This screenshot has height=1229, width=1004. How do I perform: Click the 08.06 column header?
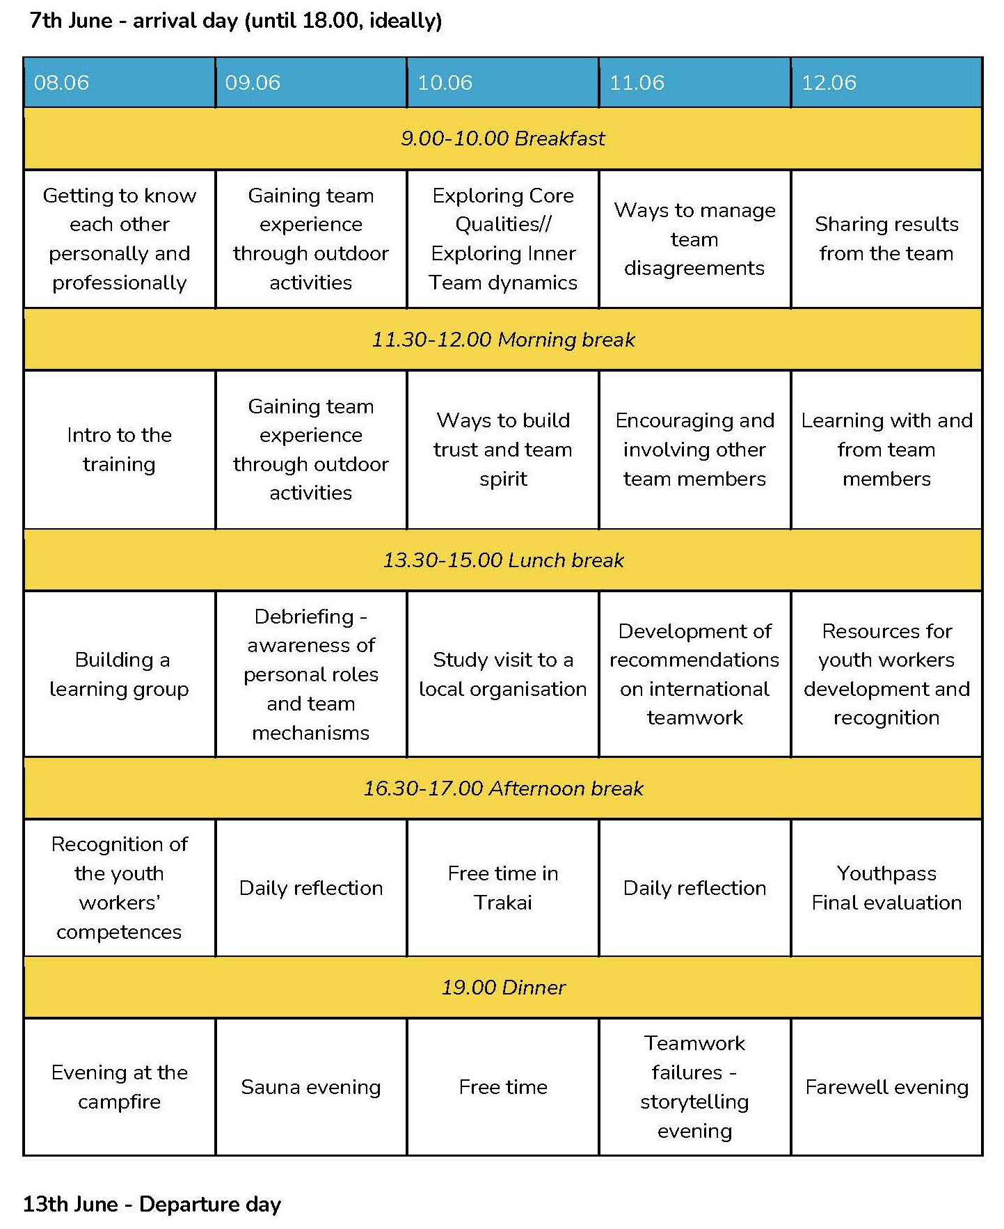(61, 83)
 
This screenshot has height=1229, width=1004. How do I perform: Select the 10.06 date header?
(445, 83)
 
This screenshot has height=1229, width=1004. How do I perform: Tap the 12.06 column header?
(829, 83)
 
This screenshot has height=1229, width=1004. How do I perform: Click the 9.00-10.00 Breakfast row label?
(502, 138)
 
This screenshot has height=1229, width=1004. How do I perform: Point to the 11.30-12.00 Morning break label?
(502, 340)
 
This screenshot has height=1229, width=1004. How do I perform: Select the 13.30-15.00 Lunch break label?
(502, 560)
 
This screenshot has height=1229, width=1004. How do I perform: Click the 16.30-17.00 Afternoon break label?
(502, 788)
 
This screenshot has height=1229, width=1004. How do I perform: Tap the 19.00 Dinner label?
(502, 988)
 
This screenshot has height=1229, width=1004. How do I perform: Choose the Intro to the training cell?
(119, 450)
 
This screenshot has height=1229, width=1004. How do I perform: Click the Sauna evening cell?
(310, 1087)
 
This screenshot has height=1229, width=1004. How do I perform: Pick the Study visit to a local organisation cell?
(502, 674)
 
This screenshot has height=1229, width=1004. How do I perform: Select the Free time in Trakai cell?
(502, 887)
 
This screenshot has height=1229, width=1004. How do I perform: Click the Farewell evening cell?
(886, 1087)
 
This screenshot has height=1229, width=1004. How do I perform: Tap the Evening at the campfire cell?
(119, 1087)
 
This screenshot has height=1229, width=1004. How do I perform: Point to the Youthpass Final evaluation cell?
(886, 887)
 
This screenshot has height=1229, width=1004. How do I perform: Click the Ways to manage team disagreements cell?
(694, 239)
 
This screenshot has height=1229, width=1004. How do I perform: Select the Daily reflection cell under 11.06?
(694, 888)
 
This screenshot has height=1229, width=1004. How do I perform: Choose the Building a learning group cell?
(119, 674)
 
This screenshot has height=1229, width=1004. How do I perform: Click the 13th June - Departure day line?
(152, 1204)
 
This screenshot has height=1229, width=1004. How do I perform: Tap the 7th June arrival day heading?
(235, 21)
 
